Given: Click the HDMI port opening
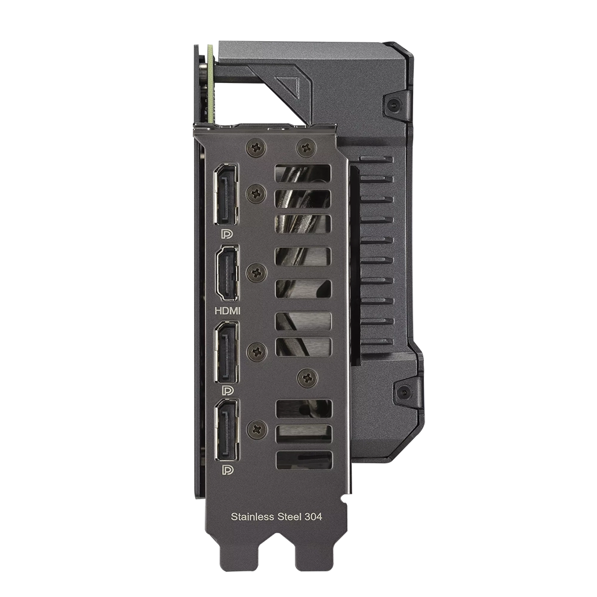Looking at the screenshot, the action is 227,273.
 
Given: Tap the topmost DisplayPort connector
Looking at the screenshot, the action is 226,194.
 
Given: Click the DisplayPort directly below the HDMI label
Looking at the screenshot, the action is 227,352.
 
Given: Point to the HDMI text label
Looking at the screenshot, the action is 227,310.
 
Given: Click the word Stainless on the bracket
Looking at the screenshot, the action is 253,516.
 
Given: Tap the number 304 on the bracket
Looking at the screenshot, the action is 313,516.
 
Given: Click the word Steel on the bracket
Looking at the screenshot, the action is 290,516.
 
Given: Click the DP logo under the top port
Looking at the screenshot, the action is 227,233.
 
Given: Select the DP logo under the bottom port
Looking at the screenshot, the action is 227,470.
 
